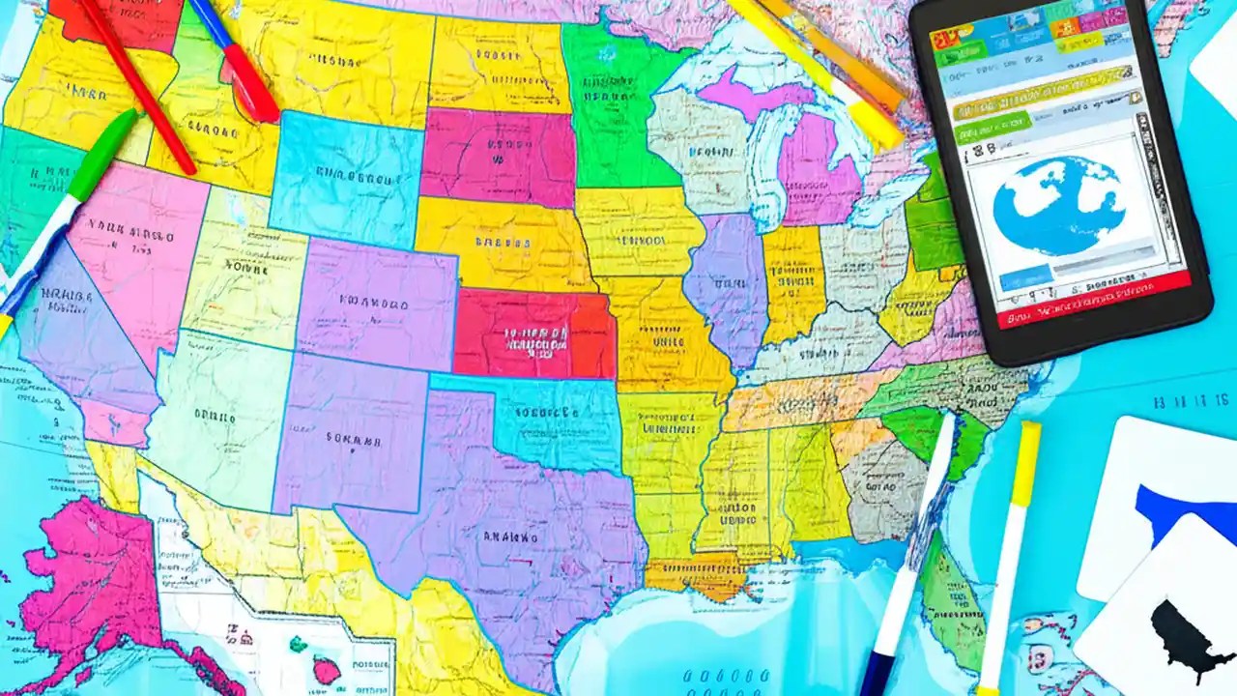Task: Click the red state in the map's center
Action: tap(534, 333)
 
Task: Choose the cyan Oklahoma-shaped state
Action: tap(551, 420)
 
